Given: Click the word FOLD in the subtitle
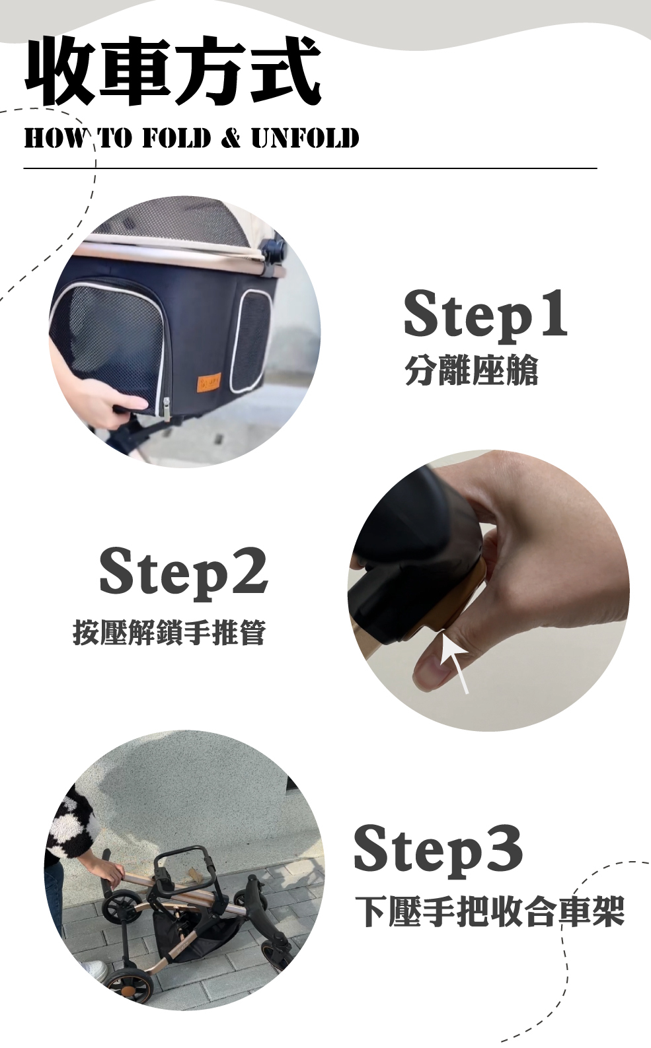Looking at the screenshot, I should pos(176,139).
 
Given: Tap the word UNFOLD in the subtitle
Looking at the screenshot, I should pos(305,139).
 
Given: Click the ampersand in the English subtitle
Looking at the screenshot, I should pos(231,139).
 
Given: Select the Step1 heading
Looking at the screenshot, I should pos(484,315).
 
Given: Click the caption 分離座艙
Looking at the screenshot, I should pos(471,370).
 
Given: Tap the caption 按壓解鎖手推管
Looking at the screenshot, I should pos(169,633).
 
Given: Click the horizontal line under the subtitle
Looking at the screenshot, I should pos(310,168).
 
